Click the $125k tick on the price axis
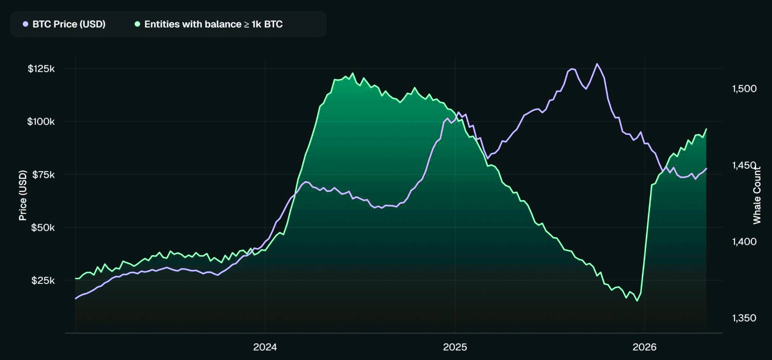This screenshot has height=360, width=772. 41,69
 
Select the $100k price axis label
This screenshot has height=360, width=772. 41,122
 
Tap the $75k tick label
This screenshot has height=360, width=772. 43,174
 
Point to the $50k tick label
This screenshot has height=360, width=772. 43,227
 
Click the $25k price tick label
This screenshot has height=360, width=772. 43,280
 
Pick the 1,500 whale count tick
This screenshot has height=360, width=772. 744,88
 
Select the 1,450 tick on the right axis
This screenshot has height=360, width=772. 744,165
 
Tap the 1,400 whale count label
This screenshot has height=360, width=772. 744,241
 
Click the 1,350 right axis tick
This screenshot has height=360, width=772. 744,318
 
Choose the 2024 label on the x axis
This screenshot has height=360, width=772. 265,347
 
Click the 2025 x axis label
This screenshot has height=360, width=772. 455,347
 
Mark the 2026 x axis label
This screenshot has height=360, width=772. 644,347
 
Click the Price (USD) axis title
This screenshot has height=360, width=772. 23,195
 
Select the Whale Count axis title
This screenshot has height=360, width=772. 757,195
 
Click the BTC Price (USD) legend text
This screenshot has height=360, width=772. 69,24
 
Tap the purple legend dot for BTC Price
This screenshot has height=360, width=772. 26,24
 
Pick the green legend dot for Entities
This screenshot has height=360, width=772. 137,24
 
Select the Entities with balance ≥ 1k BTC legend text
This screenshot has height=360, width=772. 213,24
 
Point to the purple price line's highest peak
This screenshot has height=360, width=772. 597,64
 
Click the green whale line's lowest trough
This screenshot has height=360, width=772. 637,301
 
